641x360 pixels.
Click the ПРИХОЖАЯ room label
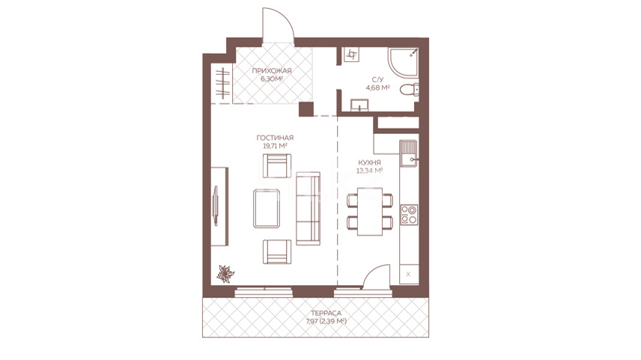tap(272, 70)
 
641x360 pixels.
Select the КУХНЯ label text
tap(369, 162)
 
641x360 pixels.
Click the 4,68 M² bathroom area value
tap(377, 87)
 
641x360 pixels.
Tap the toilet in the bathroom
tap(409, 90)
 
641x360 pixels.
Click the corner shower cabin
tap(404, 64)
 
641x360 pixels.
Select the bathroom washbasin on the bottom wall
tap(359, 105)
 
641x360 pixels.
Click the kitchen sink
tap(408, 153)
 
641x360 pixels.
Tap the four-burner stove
tap(409, 215)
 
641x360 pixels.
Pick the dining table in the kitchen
tap(370, 212)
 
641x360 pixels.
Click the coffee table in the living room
tap(267, 208)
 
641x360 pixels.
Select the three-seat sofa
tap(308, 208)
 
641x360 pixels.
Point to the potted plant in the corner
tap(225, 274)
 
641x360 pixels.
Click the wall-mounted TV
tap(216, 206)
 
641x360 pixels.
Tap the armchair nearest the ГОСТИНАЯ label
tap(277, 165)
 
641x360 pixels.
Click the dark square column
tap(306, 109)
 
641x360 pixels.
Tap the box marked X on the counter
tap(408, 274)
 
